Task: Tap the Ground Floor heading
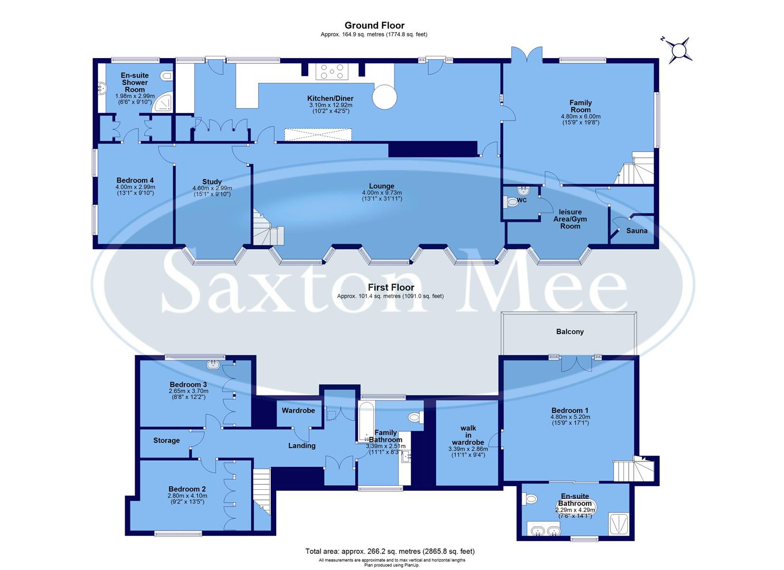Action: pyautogui.click(x=374, y=25)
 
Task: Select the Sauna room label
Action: pyautogui.click(x=636, y=231)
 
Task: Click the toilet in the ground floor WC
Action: pyautogui.click(x=512, y=202)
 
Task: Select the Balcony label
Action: pyautogui.click(x=570, y=331)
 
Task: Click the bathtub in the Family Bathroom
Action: pyautogui.click(x=366, y=422)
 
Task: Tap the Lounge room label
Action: pyautogui.click(x=381, y=186)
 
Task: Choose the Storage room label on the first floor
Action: pyautogui.click(x=166, y=440)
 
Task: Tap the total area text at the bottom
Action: pyautogui.click(x=390, y=551)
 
